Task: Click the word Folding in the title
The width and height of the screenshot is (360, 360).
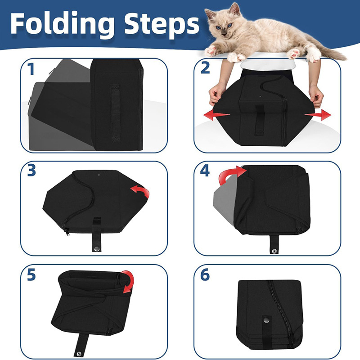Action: point(63,24)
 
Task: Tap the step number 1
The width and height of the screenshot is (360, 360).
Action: point(31,69)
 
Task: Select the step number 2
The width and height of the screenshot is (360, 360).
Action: point(205,68)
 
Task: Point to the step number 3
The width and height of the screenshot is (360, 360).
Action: point(31,171)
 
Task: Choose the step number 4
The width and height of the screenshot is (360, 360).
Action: point(205,171)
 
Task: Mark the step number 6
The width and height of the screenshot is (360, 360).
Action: point(205,274)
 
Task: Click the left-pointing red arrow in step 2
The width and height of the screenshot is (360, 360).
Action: point(216,115)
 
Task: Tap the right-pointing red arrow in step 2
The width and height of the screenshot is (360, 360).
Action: point(318,115)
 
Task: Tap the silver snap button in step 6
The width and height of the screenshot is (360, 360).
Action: point(266,319)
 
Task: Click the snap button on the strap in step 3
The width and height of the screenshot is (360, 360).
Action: point(97,248)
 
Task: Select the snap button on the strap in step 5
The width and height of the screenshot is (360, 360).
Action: point(79,354)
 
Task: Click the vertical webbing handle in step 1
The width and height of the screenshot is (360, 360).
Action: point(115,113)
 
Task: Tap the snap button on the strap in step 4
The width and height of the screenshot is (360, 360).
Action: point(274,252)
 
